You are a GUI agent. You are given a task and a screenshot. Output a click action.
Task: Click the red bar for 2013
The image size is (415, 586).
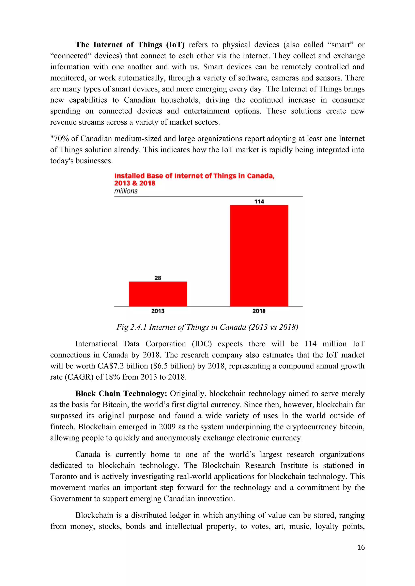coord(158,294)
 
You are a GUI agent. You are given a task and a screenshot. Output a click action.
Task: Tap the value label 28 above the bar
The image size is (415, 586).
coord(158,278)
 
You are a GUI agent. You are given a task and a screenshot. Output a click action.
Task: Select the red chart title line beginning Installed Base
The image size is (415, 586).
coord(194,176)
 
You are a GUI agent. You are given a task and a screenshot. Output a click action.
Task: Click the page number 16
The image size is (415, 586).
coord(361,547)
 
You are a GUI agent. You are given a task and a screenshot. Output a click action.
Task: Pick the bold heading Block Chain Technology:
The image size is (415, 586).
coord(121,394)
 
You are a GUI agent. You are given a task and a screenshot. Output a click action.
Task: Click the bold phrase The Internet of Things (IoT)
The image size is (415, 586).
coord(130,45)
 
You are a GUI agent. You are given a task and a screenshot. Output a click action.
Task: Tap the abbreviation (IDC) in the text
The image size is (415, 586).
coord(202,344)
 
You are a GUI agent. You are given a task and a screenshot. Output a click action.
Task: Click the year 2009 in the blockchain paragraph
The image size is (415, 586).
coord(167,427)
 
